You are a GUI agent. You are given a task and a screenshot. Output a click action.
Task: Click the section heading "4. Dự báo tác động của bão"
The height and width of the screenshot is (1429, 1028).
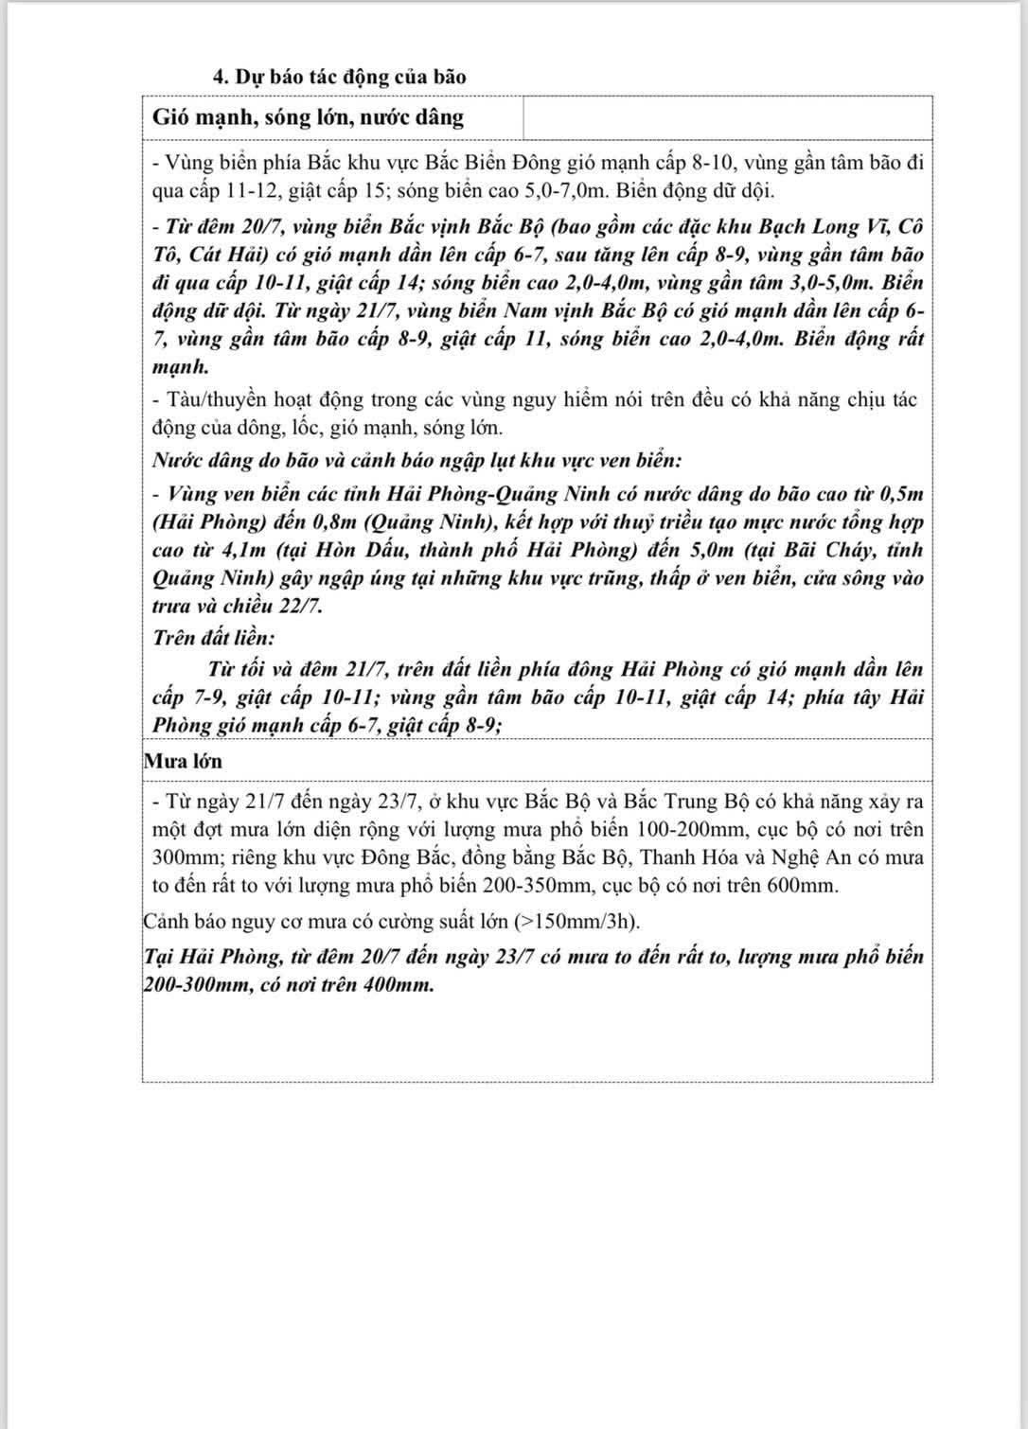(x=339, y=77)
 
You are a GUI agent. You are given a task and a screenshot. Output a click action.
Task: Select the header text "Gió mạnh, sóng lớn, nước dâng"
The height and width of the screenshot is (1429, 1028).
(x=309, y=117)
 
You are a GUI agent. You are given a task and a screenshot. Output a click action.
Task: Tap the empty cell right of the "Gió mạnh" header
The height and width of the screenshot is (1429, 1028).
(x=727, y=117)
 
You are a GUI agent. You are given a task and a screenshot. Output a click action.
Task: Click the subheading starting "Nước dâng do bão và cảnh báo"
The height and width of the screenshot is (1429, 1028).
(x=417, y=461)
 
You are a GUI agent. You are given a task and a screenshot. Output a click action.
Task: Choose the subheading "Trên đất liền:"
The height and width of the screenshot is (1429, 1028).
(x=213, y=639)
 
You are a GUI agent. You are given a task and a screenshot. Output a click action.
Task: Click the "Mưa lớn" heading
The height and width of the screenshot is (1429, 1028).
(x=184, y=760)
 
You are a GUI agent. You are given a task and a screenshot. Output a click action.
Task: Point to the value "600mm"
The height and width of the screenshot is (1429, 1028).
(x=801, y=886)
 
